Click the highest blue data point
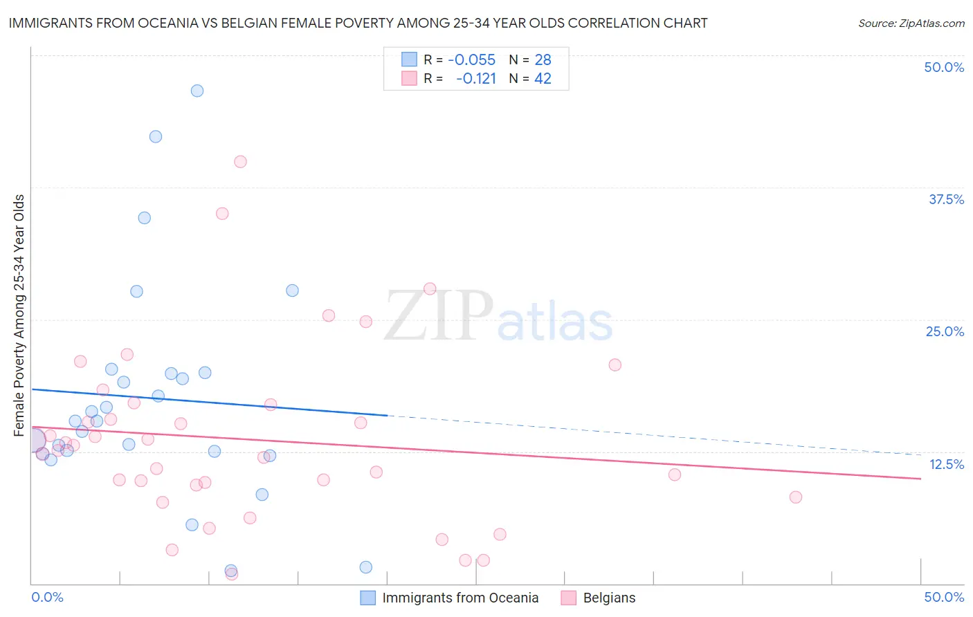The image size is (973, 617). click(x=197, y=91)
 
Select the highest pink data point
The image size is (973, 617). click(x=240, y=162)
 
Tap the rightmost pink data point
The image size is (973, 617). click(x=796, y=497)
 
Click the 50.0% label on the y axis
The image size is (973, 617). click(x=944, y=67)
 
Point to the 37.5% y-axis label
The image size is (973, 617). click(x=946, y=199)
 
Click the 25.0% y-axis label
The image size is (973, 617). click(x=945, y=331)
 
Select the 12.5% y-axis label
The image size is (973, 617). click(x=946, y=464)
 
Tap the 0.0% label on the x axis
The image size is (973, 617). click(x=48, y=597)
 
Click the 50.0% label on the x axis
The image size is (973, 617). click(x=944, y=597)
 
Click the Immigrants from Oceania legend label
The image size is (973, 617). click(x=460, y=598)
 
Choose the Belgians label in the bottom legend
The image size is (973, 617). click(x=609, y=598)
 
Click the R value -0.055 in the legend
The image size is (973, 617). click(x=471, y=60)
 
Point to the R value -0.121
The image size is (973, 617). click(x=476, y=79)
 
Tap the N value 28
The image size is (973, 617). click(x=543, y=60)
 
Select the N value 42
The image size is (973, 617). click(x=543, y=79)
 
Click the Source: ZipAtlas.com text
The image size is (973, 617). click(x=911, y=24)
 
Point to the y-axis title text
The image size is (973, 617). click(x=19, y=315)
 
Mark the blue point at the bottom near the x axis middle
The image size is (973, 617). click(x=366, y=567)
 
